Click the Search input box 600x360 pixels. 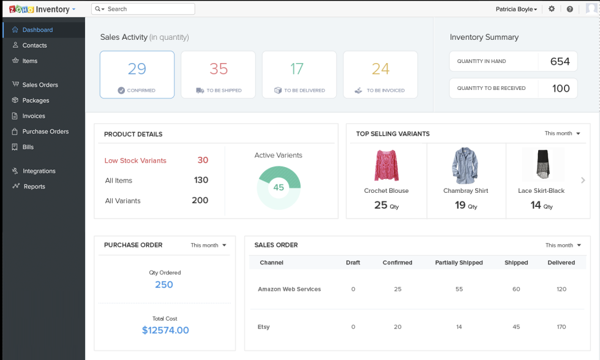click(x=147, y=9)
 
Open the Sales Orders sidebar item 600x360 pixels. click(x=40, y=84)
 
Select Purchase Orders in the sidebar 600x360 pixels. click(x=45, y=131)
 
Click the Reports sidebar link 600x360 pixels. click(x=34, y=186)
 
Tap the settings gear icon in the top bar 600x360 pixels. click(x=552, y=9)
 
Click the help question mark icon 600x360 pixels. click(x=570, y=9)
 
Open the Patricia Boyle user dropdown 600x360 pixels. click(x=516, y=9)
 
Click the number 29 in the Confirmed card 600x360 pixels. click(x=137, y=69)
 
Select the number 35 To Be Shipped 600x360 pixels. click(x=219, y=69)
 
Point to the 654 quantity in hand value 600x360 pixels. click(x=560, y=61)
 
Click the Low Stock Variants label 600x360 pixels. click(x=135, y=160)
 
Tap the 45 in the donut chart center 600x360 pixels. click(x=279, y=187)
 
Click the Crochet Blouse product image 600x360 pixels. click(x=386, y=165)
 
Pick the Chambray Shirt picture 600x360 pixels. click(x=465, y=165)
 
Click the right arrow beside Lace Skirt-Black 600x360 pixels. click(x=583, y=180)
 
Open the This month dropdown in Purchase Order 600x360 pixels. click(x=208, y=245)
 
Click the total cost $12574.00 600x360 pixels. click(x=165, y=330)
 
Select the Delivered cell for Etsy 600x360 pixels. click(x=561, y=327)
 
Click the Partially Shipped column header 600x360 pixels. click(x=459, y=263)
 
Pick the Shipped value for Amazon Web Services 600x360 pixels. click(x=516, y=289)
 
